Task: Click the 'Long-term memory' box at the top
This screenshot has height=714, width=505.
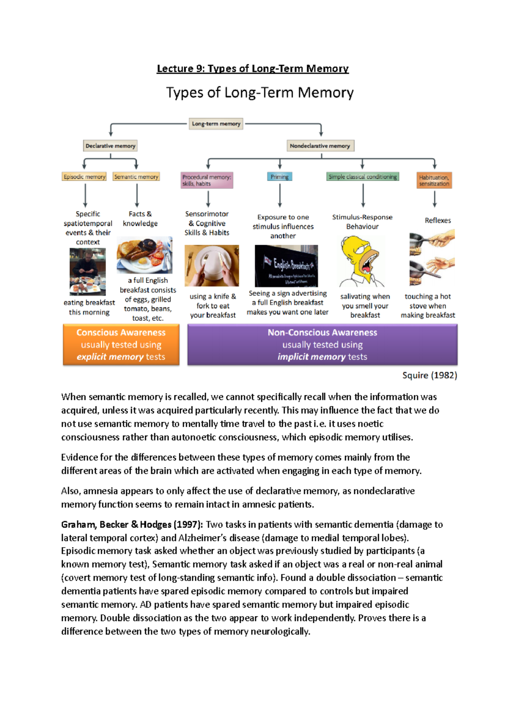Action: point(216,124)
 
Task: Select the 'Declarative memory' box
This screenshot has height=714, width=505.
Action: point(110,146)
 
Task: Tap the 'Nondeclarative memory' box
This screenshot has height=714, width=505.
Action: point(320,146)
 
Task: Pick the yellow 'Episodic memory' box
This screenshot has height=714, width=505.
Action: point(84,177)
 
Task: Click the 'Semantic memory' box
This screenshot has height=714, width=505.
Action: point(136,177)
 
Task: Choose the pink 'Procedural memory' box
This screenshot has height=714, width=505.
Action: point(207,180)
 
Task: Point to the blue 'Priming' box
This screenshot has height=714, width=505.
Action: point(279,177)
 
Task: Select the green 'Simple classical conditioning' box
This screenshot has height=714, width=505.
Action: point(362,177)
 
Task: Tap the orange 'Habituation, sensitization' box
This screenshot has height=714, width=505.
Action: point(434,180)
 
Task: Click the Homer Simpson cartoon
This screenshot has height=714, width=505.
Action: point(362,261)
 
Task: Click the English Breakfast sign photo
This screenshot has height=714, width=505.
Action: point(286,266)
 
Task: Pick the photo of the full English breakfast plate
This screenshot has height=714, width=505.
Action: point(144,255)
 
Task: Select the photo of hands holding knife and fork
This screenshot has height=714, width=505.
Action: point(212,266)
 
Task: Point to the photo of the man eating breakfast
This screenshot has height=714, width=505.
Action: point(88,272)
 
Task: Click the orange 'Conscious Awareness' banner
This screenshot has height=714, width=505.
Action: point(121,344)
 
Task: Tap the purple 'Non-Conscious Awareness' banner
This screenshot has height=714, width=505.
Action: point(322,344)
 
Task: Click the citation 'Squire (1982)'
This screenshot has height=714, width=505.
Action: point(429,375)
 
